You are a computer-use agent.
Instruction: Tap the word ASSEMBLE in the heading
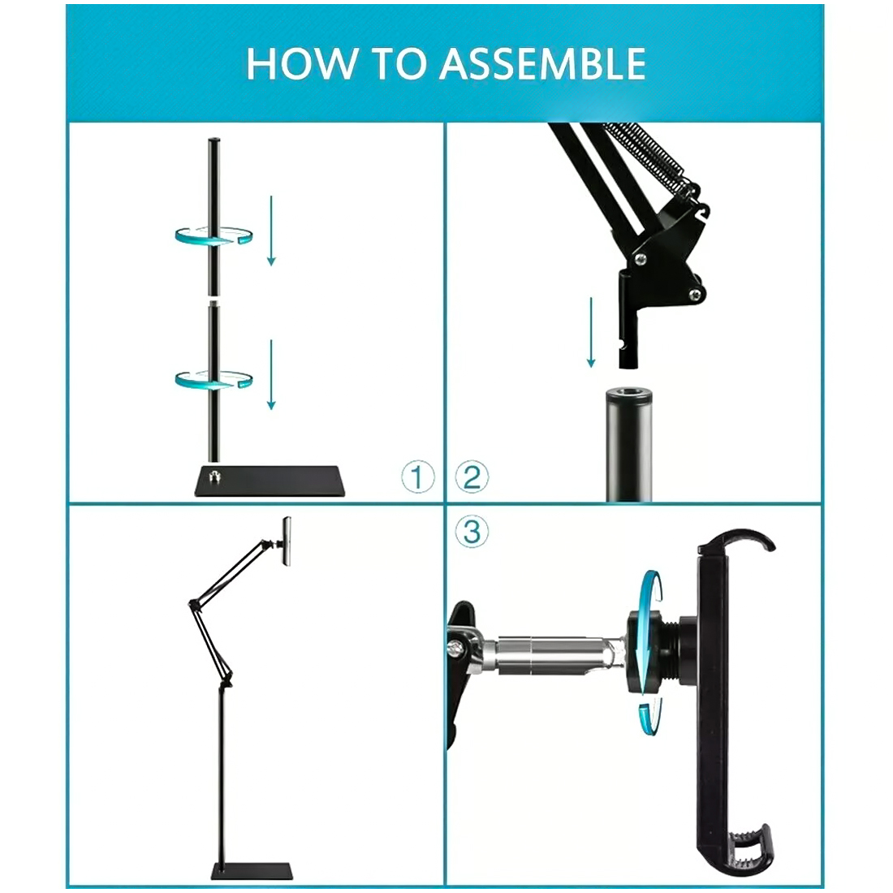(543, 63)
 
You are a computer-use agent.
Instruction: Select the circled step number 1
(417, 477)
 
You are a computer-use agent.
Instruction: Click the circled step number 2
(472, 477)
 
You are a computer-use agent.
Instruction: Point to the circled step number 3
(472, 532)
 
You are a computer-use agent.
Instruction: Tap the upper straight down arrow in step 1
(272, 231)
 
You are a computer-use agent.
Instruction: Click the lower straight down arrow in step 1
(272, 375)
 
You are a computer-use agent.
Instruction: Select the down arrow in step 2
(591, 332)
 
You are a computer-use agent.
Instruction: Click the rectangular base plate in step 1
(270, 481)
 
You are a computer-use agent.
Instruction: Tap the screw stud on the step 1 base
(214, 476)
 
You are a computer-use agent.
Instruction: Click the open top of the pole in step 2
(628, 393)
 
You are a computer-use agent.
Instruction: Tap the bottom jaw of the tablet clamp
(746, 848)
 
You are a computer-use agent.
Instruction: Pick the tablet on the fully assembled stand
(287, 541)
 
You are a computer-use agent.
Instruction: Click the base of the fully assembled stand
(252, 871)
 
